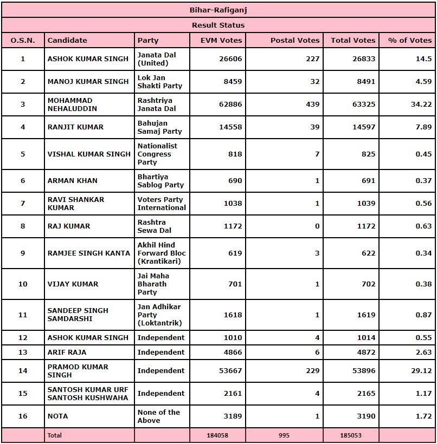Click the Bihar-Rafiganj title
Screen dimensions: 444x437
click(218, 10)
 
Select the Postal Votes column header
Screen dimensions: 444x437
click(295, 40)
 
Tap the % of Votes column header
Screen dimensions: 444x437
click(410, 40)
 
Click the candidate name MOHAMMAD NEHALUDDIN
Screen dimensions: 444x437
click(70, 105)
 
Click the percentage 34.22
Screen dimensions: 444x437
click(421, 105)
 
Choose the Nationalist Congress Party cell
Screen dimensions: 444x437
click(157, 154)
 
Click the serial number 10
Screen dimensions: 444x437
click(23, 284)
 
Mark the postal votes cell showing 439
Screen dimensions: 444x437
click(312, 105)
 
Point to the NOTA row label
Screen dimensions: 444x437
click(58, 416)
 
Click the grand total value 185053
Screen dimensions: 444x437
click(350, 435)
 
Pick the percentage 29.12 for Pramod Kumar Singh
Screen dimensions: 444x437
click(421, 371)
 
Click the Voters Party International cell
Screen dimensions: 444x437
click(162, 204)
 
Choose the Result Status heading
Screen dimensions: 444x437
click(218, 25)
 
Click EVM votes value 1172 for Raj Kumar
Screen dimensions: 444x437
click(232, 226)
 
